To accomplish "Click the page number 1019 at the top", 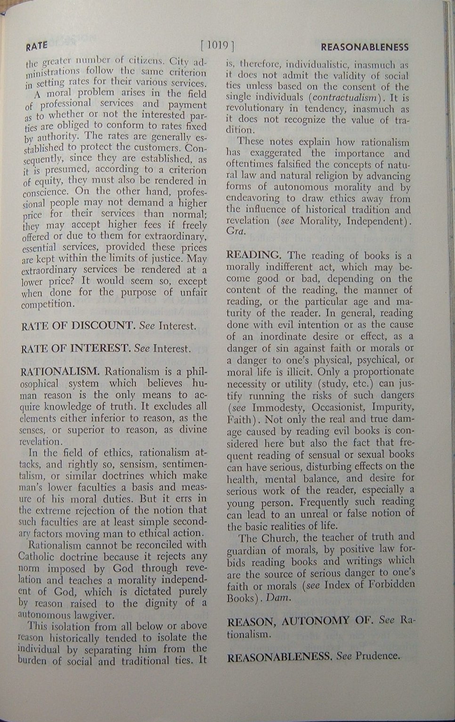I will tap(217, 46).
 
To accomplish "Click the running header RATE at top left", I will tap(37, 46).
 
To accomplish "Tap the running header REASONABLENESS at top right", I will tap(364, 47).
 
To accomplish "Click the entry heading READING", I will tap(253, 255).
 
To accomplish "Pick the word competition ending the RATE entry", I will tap(48, 304).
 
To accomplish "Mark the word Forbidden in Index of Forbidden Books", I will tap(387, 584).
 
